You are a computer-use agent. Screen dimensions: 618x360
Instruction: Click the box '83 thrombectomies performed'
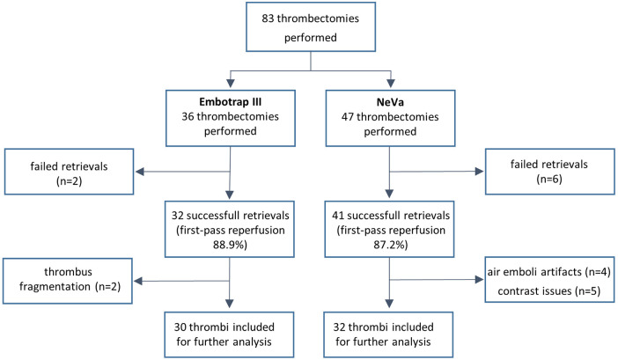[311, 26]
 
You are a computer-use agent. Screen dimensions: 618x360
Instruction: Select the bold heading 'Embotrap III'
[230, 101]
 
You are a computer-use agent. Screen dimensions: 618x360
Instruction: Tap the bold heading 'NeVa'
[390, 102]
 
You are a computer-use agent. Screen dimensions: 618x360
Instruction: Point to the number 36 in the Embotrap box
[188, 116]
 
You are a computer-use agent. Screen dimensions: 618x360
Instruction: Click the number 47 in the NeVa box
[347, 117]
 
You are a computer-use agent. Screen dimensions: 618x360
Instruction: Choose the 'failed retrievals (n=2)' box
[69, 172]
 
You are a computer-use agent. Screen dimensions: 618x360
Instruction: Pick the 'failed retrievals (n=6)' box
[550, 172]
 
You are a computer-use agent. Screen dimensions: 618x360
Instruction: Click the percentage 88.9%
[229, 245]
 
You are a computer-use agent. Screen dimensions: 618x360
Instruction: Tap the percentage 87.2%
[389, 245]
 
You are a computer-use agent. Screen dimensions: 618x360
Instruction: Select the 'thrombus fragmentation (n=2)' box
[68, 281]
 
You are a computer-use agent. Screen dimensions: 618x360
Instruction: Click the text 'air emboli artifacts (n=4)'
[549, 272]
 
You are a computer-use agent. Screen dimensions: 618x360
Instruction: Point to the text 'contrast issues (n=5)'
[549, 291]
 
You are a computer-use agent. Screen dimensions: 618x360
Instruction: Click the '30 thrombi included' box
[229, 334]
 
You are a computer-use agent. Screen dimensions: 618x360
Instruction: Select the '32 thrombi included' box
[388, 334]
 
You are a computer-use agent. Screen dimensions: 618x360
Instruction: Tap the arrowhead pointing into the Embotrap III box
[231, 84]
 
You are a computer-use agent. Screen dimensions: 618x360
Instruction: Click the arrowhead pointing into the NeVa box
[391, 84]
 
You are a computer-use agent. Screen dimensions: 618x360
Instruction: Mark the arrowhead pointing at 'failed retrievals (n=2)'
[139, 172]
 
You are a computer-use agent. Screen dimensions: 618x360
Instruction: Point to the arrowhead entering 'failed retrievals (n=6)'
[480, 172]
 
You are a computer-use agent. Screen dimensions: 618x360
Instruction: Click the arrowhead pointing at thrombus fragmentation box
[138, 282]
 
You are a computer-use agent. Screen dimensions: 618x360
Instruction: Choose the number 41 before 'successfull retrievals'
[338, 216]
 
